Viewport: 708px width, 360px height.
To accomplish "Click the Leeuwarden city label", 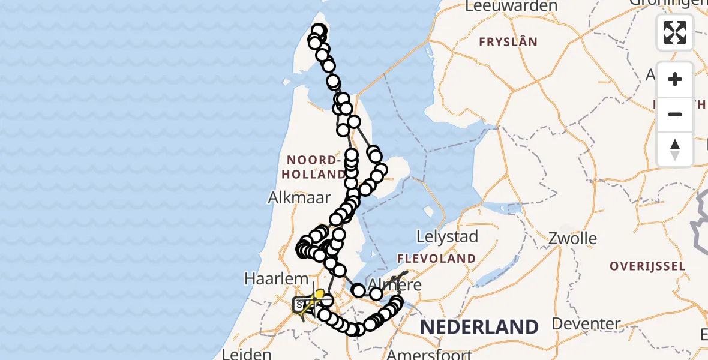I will click(x=511, y=6).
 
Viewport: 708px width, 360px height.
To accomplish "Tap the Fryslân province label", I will click(x=508, y=42).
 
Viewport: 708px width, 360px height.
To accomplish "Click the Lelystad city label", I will click(x=448, y=236).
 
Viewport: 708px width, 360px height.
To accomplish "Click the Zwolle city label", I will click(x=572, y=238).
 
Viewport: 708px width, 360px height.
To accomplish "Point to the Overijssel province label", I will click(x=647, y=266).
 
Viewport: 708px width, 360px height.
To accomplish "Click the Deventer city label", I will click(x=586, y=324).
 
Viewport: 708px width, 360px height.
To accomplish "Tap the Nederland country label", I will click(x=479, y=327).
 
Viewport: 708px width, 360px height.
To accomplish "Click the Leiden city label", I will click(x=247, y=354).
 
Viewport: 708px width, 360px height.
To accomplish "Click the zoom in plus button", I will click(x=675, y=79).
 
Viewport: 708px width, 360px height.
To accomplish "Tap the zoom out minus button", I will click(x=675, y=114).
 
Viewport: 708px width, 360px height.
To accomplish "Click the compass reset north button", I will click(x=675, y=149).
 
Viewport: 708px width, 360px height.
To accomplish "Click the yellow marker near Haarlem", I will click(x=320, y=293).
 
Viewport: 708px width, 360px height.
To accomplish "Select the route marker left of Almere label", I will click(x=358, y=291).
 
